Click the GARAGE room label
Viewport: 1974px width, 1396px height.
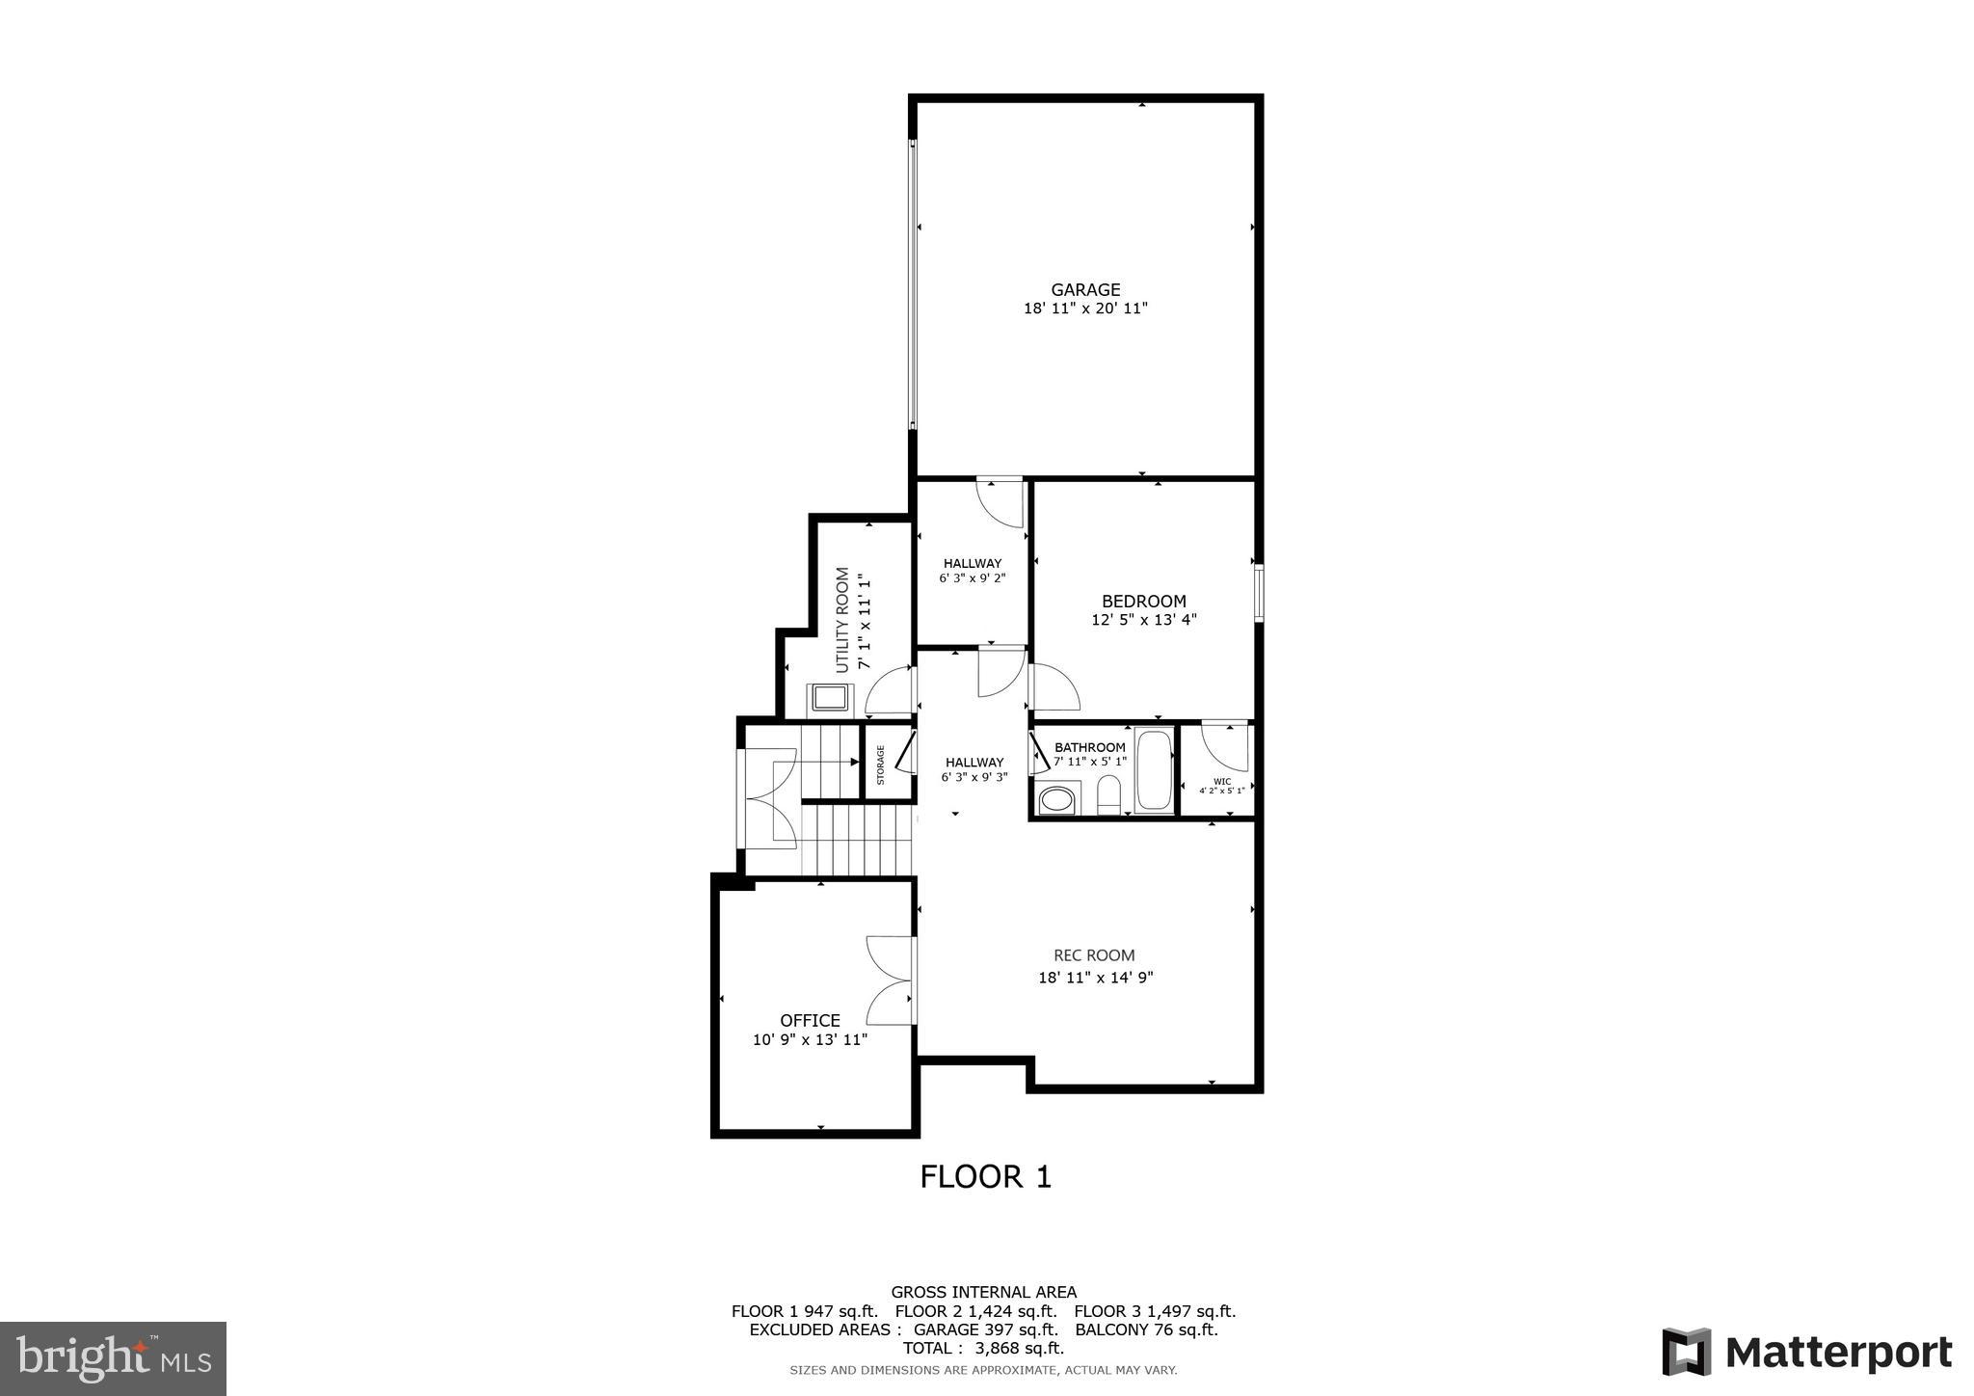1085,289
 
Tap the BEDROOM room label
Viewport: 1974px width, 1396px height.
1144,602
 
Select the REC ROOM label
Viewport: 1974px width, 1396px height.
1094,955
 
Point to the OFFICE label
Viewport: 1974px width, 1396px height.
810,1020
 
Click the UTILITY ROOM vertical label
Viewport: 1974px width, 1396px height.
842,620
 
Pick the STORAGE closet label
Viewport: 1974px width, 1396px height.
880,765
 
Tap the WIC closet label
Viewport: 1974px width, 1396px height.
1222,781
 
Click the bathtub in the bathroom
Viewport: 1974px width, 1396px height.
1154,771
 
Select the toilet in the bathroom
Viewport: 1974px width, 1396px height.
1109,794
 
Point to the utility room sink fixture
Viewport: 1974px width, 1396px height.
830,696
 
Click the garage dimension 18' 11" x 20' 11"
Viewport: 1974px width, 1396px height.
1085,309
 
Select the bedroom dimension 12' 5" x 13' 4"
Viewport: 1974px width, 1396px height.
1144,620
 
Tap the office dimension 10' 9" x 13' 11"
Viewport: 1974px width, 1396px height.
810,1039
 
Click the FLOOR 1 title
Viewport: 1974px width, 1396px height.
985,1177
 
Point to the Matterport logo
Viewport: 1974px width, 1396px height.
1807,1352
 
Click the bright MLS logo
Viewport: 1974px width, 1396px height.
114,1359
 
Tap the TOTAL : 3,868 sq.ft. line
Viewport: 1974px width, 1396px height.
983,1348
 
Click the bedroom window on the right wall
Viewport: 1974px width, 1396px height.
1259,593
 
